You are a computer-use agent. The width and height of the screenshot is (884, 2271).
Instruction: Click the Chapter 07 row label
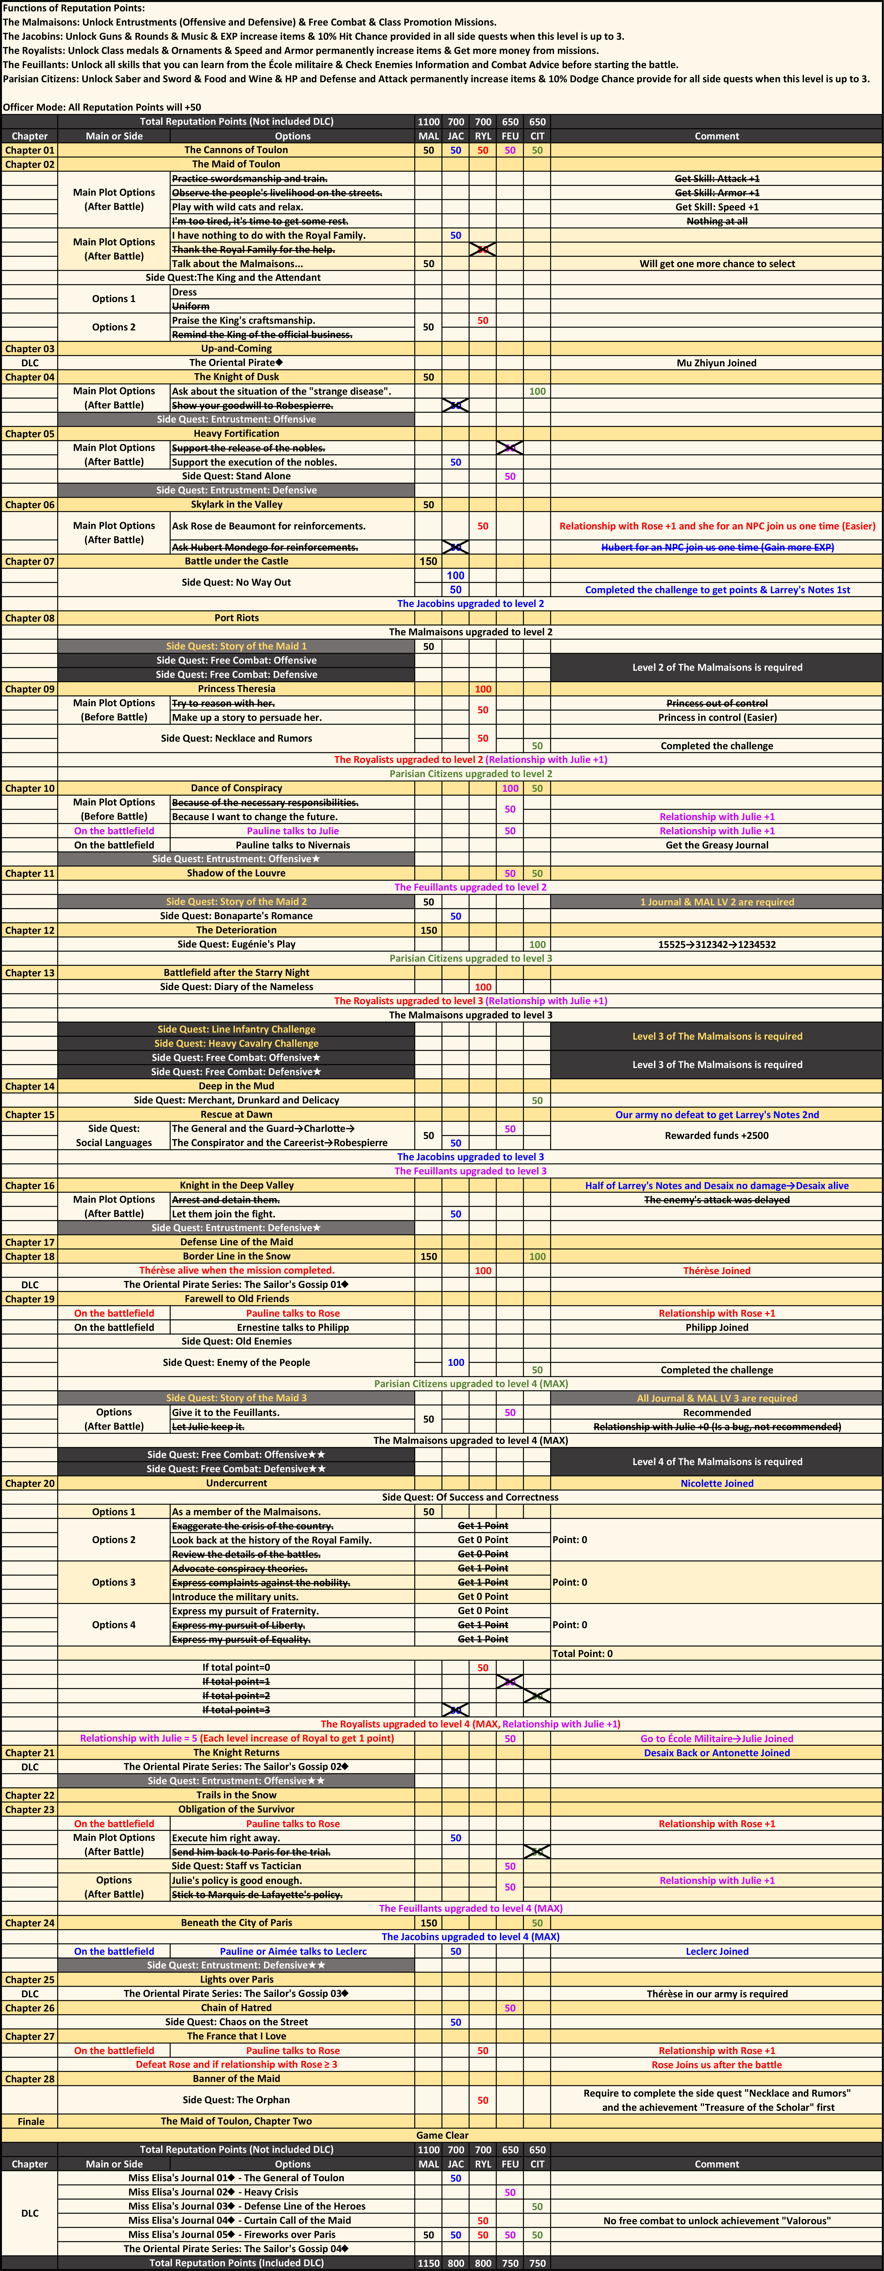[30, 562]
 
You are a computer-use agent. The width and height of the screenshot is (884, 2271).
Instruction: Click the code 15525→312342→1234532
[716, 944]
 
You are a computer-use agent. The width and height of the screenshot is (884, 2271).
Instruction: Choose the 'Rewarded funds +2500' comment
[716, 1135]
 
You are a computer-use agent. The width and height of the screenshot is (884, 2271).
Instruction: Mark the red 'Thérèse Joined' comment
[716, 1270]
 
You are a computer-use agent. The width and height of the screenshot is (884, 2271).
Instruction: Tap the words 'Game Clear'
[442, 2135]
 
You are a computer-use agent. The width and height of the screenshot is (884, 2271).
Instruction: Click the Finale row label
[30, 2121]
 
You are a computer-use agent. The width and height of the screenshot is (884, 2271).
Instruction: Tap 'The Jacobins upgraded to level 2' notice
[471, 604]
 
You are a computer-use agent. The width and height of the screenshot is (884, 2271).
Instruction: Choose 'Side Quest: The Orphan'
[236, 2100]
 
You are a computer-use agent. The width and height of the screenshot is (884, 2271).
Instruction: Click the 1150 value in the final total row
[428, 2263]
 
